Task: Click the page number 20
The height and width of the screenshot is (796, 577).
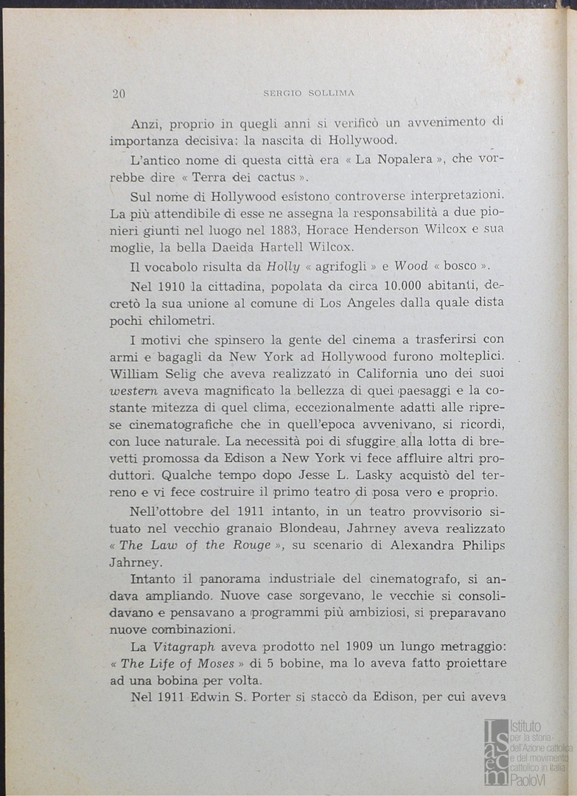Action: (x=119, y=94)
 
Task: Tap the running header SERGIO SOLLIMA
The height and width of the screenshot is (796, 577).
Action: (x=309, y=93)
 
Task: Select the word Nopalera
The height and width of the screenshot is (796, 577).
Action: (x=405, y=159)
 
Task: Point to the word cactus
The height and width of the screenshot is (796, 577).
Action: (x=276, y=178)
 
